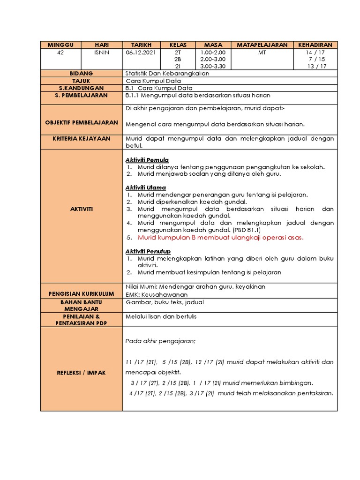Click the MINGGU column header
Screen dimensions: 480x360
[60, 45]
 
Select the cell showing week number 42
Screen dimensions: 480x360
[60, 52]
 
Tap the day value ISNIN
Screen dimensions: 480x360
[102, 52]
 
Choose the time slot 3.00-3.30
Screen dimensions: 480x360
[213, 66]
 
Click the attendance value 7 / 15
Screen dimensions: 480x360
[317, 59]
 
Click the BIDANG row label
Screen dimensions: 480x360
[82, 74]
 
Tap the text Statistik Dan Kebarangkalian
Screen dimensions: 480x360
[167, 74]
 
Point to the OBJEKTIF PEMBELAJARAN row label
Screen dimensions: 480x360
[82, 122]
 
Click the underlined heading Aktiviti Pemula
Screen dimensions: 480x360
[147, 160]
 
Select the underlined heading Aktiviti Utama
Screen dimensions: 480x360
[145, 187]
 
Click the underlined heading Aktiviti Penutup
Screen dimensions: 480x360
[148, 251]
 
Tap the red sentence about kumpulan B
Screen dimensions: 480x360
[221, 237]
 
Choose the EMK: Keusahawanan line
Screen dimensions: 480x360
[157, 294]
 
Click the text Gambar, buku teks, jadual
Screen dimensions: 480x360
[165, 302]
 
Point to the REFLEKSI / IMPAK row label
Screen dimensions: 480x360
[82, 372]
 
